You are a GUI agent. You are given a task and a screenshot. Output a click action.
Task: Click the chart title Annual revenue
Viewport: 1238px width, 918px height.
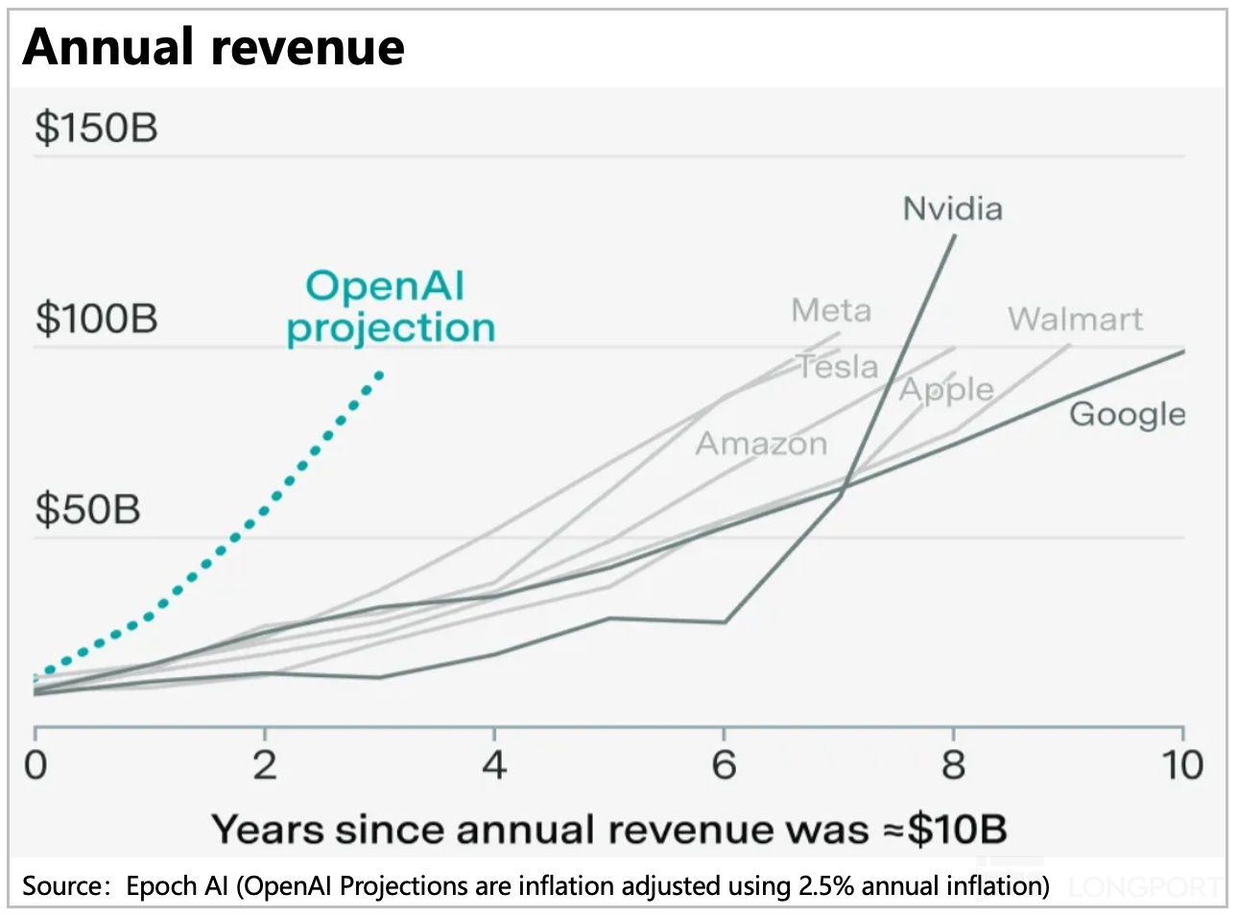coord(213,47)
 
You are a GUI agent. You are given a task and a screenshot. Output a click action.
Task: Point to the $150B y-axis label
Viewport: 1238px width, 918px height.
coord(96,128)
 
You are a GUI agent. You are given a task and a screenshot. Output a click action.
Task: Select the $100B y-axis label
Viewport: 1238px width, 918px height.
coord(96,318)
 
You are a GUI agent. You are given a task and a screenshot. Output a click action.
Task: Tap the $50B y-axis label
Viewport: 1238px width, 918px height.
coord(87,508)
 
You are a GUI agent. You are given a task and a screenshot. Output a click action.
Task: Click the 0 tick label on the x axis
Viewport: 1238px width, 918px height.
coord(36,765)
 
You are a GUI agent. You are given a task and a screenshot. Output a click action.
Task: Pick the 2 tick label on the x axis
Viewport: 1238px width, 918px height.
coord(265,765)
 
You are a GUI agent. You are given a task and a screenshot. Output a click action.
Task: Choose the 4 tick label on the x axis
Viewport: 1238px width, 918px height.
coord(494,765)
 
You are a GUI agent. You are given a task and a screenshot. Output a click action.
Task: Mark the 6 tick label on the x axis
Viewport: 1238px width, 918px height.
coord(724,765)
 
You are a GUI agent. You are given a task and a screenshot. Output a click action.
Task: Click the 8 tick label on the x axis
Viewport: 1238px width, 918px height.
coord(953,765)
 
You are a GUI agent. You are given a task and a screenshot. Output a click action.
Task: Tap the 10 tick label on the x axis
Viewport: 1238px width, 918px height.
coord(1182,765)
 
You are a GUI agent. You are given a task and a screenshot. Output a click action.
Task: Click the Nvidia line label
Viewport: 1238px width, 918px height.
coord(952,208)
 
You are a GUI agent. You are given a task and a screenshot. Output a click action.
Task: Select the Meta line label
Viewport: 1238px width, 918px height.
coord(831,310)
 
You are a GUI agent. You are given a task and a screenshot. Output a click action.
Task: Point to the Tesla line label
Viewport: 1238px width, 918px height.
coord(838,367)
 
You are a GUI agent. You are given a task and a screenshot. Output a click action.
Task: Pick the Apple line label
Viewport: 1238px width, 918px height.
coord(946,390)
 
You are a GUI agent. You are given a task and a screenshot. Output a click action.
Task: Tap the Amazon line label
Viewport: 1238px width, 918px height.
coord(761,444)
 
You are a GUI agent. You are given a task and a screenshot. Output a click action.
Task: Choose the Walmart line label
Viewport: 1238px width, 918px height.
coord(1075,319)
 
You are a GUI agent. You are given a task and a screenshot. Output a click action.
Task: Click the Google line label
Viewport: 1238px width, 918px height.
coord(1127,414)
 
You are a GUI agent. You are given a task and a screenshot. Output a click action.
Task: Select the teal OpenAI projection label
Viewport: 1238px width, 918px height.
coord(390,307)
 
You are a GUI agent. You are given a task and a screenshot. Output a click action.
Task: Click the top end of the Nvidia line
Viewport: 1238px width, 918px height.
coord(955,235)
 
